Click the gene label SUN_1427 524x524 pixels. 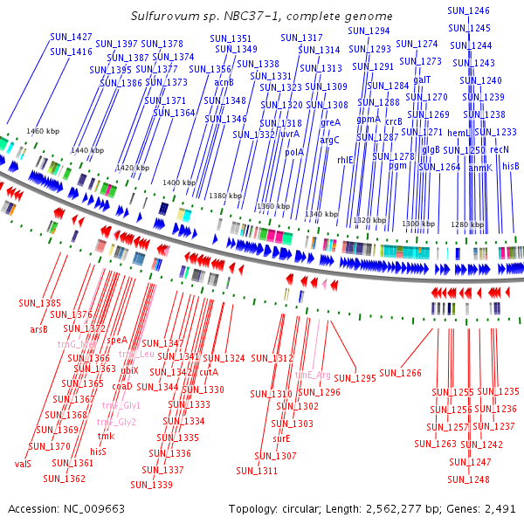point(71,37)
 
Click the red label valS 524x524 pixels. point(23,464)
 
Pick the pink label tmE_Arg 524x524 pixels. point(312,375)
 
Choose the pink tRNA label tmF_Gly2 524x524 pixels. point(116,423)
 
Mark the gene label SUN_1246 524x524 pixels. point(468,10)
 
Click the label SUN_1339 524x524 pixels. point(152,485)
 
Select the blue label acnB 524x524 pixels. point(224,82)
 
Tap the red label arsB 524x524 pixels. point(38,329)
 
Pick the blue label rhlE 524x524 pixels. point(346,160)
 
